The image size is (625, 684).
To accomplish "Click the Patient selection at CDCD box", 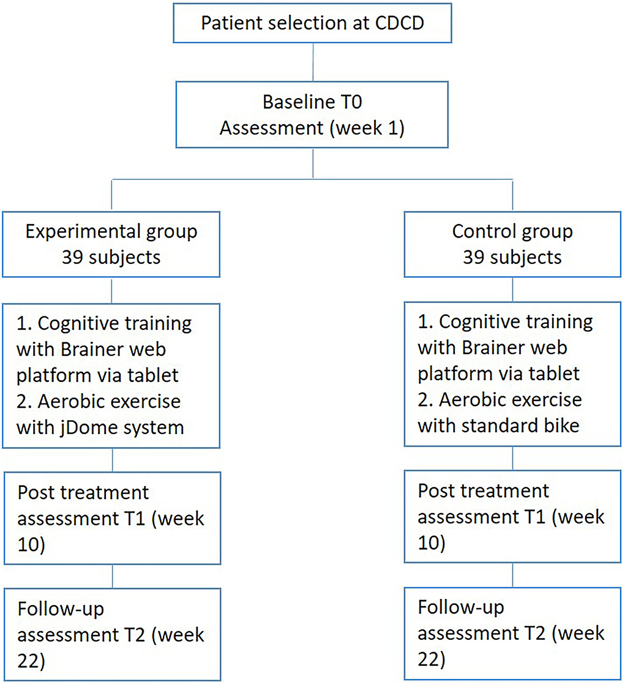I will (x=313, y=23).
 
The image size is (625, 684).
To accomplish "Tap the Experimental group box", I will (x=111, y=243).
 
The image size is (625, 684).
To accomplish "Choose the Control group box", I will (x=512, y=243).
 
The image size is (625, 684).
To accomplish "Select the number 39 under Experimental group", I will (x=73, y=257).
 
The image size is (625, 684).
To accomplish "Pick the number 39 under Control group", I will (x=474, y=257).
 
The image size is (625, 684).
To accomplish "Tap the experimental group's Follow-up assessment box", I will (x=111, y=634).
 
